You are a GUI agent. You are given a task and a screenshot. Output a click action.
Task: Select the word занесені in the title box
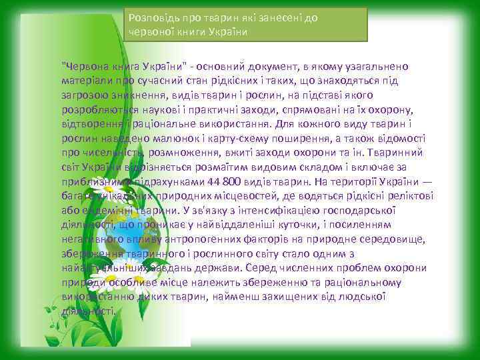pos(275,19)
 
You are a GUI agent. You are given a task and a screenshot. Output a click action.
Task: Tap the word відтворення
pos(91,123)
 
